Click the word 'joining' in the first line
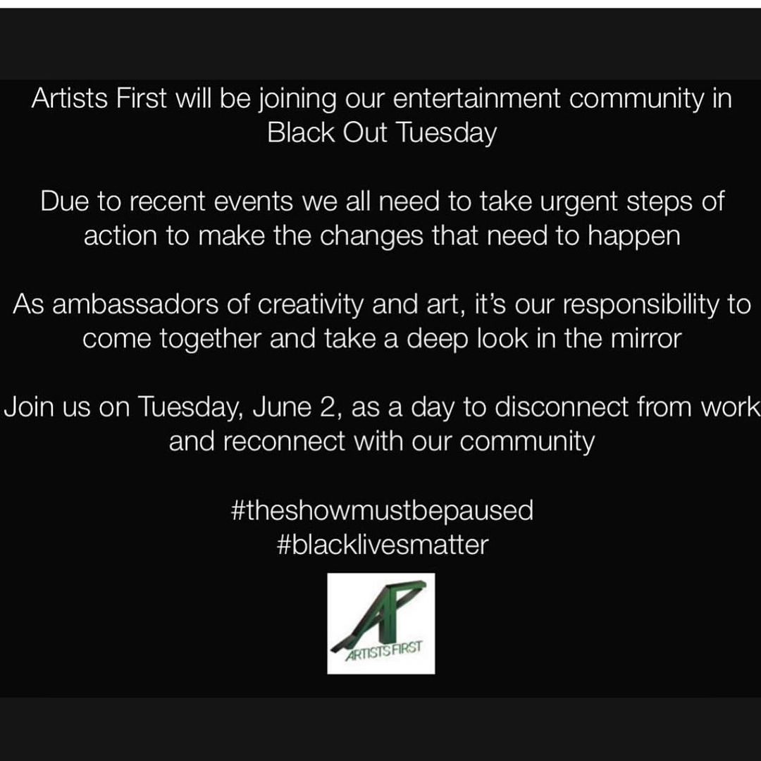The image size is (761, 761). [297, 100]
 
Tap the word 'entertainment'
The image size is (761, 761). [476, 99]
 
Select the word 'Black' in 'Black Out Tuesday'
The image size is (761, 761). [301, 132]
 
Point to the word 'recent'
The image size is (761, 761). [165, 202]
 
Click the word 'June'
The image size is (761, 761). [281, 407]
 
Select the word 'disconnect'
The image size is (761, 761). [562, 407]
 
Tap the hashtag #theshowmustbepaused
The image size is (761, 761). [383, 510]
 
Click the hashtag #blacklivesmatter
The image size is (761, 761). [383, 545]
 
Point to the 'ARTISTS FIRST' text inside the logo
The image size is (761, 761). [383, 652]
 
